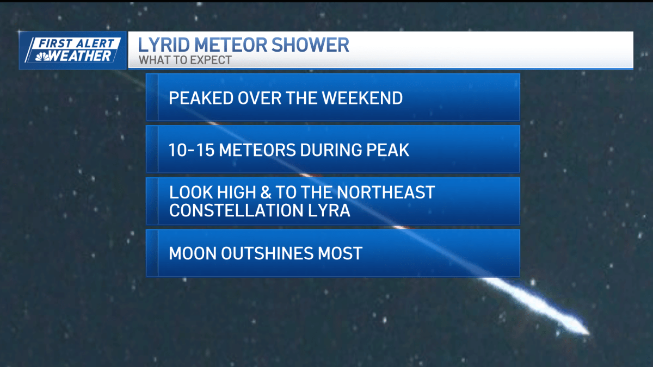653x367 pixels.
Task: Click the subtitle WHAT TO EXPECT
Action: point(185,60)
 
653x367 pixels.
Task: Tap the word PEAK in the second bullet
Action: point(387,150)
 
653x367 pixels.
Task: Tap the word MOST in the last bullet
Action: point(340,253)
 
